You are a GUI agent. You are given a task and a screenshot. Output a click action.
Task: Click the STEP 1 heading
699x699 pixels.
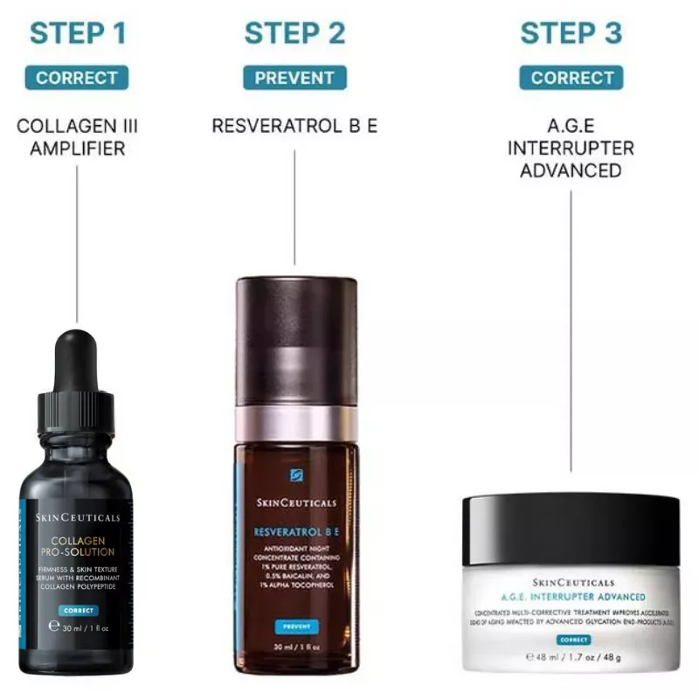[78, 33]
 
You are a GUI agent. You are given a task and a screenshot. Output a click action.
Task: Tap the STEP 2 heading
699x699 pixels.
[294, 33]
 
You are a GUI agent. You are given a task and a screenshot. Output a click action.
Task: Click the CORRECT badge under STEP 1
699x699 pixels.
[78, 78]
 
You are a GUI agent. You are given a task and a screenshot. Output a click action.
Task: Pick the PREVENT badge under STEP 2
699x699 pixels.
[294, 78]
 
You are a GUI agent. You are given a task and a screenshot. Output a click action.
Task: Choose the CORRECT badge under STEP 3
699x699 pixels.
[571, 78]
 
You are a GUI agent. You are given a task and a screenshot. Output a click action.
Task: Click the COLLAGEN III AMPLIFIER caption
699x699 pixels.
[78, 137]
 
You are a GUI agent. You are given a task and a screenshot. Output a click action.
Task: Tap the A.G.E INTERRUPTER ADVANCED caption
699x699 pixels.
[571, 148]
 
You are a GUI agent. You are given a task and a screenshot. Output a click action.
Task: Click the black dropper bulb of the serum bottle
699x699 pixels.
[78, 358]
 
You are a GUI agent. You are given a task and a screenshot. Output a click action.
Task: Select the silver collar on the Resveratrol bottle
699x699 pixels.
[296, 422]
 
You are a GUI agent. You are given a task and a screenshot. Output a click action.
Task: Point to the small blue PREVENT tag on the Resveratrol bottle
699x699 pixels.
[295, 626]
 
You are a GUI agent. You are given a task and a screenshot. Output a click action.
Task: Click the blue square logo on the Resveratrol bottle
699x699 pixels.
[296, 476]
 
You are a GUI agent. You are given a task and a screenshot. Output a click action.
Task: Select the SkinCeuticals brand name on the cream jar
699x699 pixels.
[572, 582]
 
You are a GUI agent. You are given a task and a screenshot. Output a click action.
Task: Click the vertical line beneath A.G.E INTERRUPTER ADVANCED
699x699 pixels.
[571, 332]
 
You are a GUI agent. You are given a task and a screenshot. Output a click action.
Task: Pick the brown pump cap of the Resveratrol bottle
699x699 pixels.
[296, 341]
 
